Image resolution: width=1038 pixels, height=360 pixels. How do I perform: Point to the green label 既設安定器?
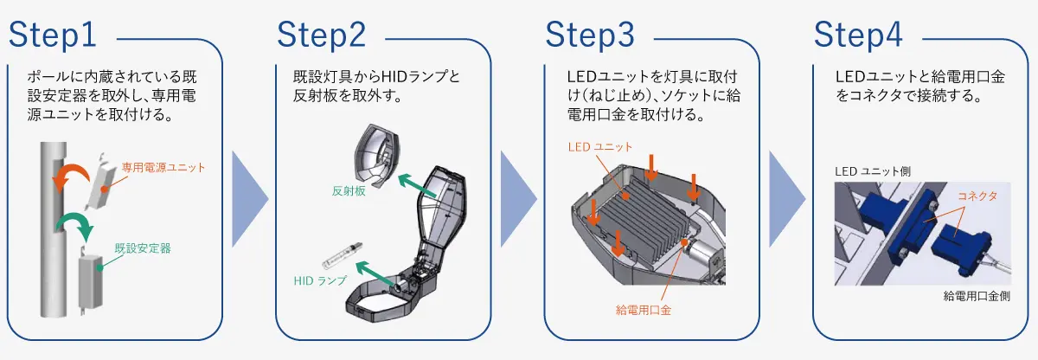click(143, 247)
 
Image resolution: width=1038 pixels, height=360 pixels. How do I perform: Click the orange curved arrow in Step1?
click(70, 173)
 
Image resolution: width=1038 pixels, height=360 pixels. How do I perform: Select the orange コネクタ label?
click(977, 197)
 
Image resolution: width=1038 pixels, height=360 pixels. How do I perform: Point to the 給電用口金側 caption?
click(977, 297)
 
